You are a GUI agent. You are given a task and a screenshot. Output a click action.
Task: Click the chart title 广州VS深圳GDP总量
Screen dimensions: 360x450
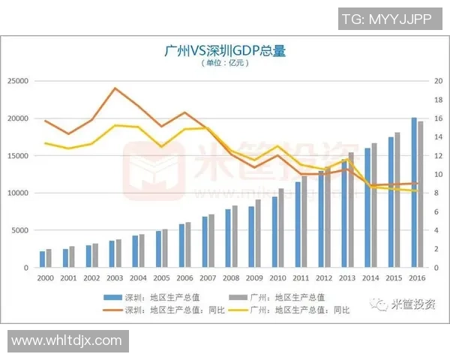[224, 51]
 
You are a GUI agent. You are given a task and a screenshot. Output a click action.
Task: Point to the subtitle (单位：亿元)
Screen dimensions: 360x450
[224, 64]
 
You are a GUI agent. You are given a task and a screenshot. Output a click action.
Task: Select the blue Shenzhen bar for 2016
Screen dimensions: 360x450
[414, 193]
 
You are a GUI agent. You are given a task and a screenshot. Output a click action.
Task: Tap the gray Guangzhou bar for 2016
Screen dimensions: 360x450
[421, 194]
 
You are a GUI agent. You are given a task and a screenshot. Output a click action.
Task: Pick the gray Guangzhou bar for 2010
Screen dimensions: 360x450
[282, 228]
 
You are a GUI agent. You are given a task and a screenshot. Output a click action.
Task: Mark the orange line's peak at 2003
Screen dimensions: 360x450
[115, 88]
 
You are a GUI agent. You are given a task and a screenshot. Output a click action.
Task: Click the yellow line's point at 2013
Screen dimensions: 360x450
[346, 158]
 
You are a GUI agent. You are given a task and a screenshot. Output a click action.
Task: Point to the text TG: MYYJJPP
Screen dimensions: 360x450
[385, 19]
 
